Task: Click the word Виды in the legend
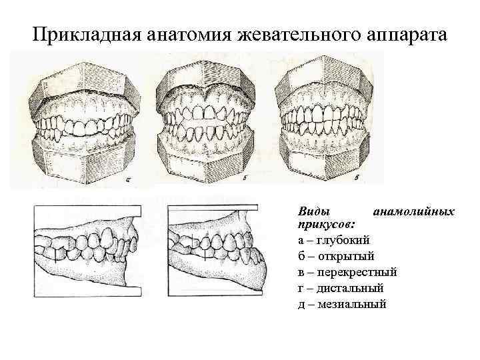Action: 312,211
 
